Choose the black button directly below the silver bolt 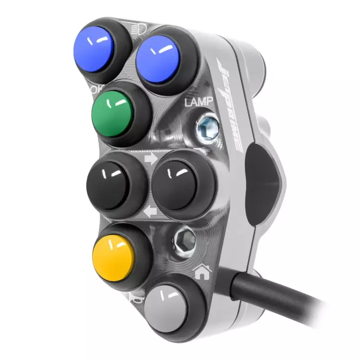coord(176,183)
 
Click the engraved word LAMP coord(198,102)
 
